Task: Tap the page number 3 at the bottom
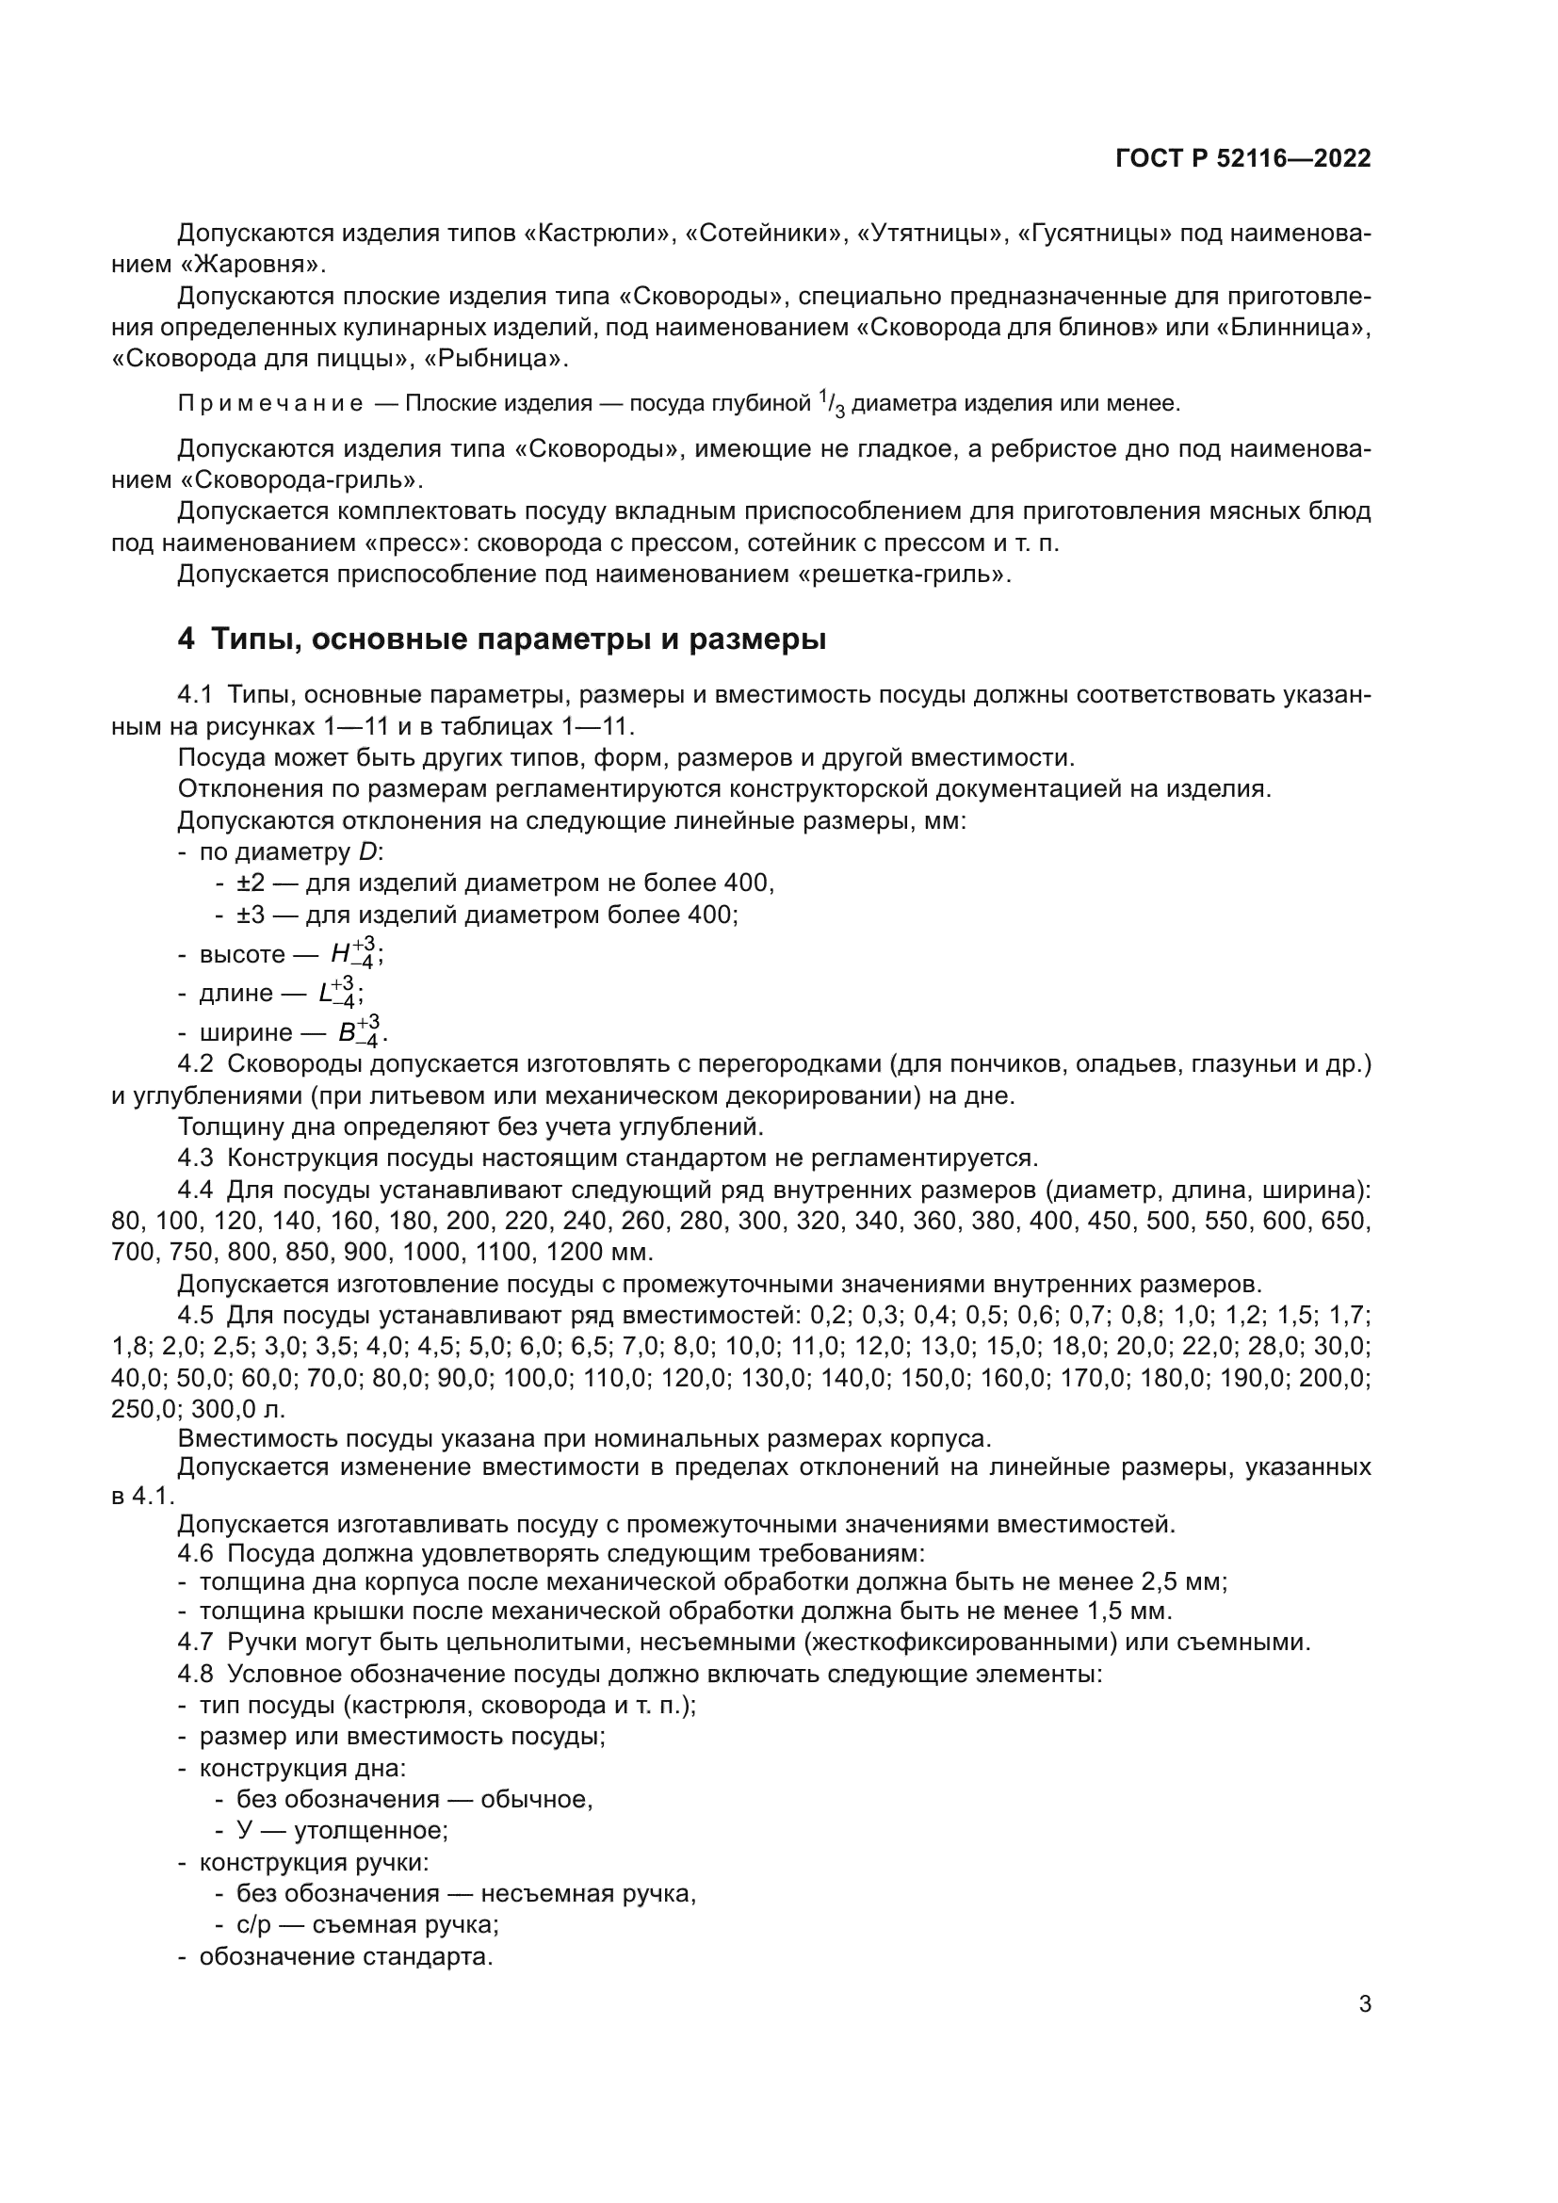1364,2004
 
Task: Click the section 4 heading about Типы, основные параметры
501,639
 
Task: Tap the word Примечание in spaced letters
270,404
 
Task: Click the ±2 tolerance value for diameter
251,883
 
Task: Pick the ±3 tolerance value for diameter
251,915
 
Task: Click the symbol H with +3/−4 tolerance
355,954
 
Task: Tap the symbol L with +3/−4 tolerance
341,992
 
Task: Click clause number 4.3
195,1158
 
